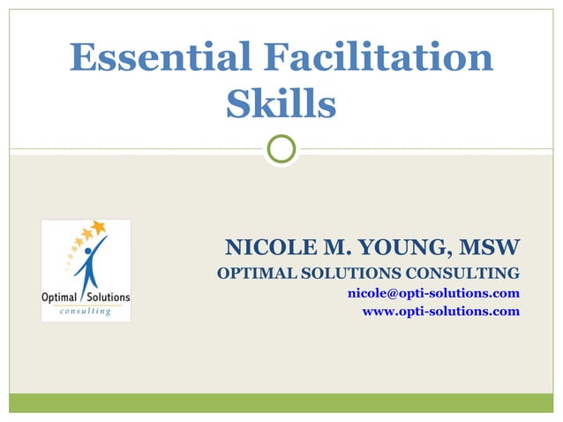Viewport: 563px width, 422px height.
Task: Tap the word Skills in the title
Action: (281, 104)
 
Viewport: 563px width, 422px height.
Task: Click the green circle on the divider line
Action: (281, 149)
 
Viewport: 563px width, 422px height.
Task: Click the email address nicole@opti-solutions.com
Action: (433, 292)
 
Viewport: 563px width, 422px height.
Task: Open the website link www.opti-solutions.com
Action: (441, 312)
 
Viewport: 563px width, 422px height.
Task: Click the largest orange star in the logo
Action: (98, 227)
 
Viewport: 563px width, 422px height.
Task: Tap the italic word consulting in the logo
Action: (86, 312)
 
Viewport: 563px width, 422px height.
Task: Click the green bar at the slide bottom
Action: (281, 403)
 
